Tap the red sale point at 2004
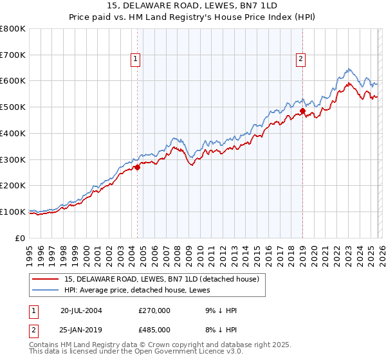click(x=137, y=167)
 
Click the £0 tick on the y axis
click(x=21, y=238)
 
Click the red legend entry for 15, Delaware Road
click(x=161, y=279)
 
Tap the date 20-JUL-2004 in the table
click(x=81, y=310)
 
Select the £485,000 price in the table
click(x=154, y=329)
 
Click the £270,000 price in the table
click(x=154, y=310)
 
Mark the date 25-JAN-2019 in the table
click(x=81, y=329)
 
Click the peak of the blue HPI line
click(x=348, y=69)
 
